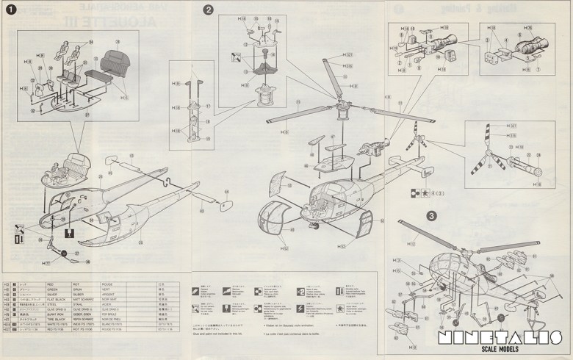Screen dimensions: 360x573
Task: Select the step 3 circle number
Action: coord(431,216)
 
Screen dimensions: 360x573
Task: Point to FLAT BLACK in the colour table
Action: coord(60,300)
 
